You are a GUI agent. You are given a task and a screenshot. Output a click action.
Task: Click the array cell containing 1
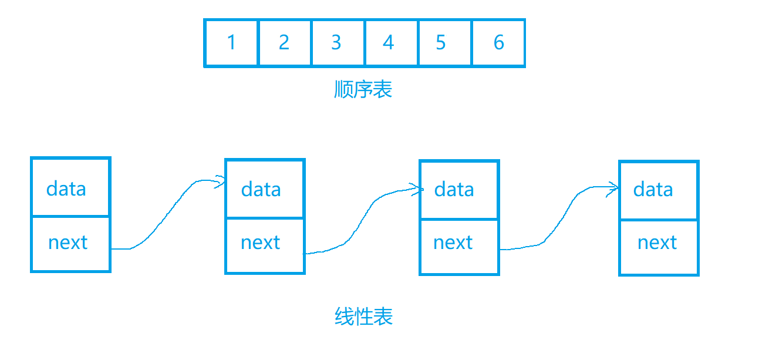click(x=231, y=43)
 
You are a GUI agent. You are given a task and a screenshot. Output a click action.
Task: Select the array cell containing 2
click(x=285, y=43)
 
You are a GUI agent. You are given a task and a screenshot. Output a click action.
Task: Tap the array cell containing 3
click(x=337, y=43)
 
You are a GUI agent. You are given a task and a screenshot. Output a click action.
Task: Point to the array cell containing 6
click(x=498, y=43)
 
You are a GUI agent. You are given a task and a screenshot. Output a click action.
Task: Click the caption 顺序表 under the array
click(x=363, y=89)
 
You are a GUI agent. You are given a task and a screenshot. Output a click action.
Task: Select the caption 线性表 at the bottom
click(x=364, y=317)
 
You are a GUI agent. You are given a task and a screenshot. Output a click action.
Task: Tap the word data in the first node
click(x=66, y=189)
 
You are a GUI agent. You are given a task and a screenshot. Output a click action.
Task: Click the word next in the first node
click(x=68, y=243)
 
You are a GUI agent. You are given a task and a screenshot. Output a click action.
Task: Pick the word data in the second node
click(x=261, y=190)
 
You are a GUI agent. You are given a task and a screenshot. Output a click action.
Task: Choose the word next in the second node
click(x=261, y=243)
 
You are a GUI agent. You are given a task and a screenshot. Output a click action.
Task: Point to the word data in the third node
click(x=454, y=190)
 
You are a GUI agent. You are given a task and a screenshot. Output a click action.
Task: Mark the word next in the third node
click(x=453, y=243)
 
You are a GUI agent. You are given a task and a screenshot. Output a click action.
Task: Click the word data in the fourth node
click(x=653, y=190)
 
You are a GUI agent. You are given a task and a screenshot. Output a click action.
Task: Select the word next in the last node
click(x=657, y=243)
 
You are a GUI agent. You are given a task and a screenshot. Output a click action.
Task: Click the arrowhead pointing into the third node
click(x=417, y=189)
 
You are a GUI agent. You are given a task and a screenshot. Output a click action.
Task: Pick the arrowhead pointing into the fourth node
click(x=613, y=188)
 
